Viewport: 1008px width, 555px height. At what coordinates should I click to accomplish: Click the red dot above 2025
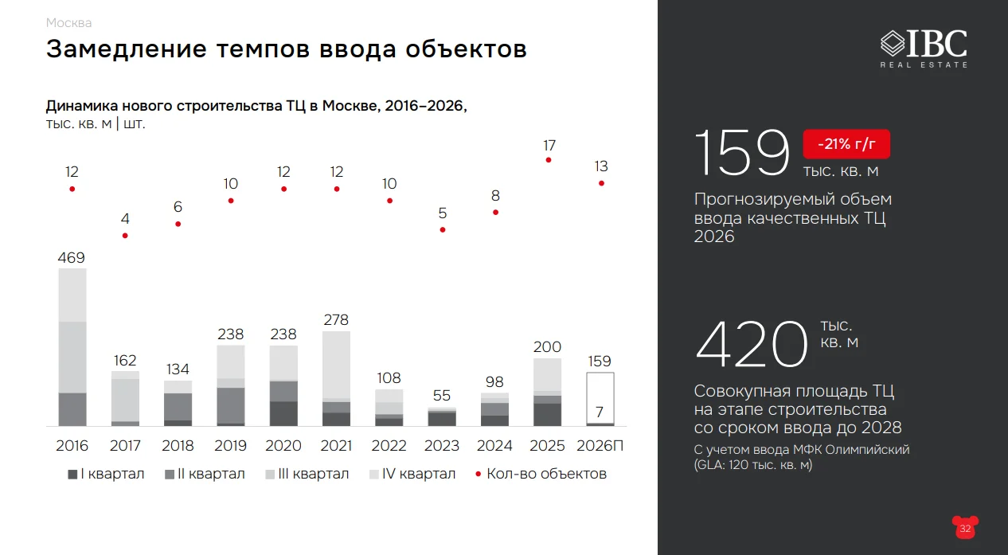[549, 160]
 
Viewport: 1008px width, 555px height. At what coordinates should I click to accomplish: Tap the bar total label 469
[72, 258]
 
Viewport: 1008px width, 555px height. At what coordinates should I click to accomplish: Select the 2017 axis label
[125, 445]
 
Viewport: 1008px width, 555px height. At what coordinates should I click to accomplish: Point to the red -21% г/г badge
[846, 144]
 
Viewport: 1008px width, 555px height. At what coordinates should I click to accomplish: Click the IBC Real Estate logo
[924, 47]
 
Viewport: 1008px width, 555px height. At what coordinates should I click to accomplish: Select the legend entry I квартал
[106, 474]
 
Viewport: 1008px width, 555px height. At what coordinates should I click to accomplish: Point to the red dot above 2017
[125, 236]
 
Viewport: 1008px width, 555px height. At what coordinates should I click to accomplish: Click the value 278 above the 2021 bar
[337, 320]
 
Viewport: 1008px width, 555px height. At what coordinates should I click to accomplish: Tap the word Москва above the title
[69, 22]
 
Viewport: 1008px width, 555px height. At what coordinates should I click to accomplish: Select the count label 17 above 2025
[549, 146]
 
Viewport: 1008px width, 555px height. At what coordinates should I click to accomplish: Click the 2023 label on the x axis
[443, 445]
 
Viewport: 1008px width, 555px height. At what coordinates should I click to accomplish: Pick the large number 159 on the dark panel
[742, 153]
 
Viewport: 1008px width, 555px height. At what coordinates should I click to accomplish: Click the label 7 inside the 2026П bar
[600, 412]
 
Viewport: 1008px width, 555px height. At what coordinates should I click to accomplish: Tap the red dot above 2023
[443, 229]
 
